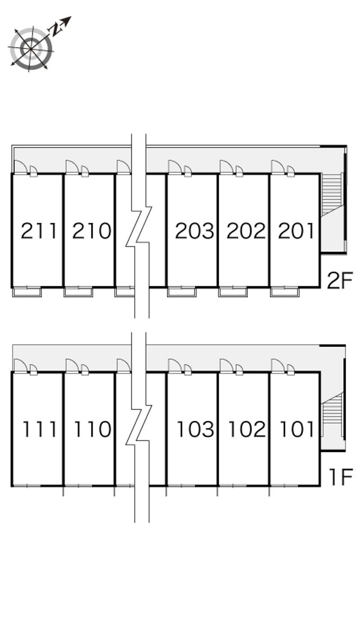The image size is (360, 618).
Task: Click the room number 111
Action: point(40,429)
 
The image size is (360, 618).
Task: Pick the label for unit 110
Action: point(93,429)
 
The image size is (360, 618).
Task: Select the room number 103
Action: point(196,429)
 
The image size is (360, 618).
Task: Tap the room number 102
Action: point(247,429)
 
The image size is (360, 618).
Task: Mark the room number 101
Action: point(297,429)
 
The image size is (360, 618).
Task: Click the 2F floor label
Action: point(340,280)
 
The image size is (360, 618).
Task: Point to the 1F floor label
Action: point(341,478)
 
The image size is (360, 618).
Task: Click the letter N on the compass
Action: point(56,29)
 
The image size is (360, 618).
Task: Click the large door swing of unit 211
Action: point(20,167)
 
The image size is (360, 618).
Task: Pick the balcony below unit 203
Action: point(181,292)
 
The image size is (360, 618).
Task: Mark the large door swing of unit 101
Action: point(278,365)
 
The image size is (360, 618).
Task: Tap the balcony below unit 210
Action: point(78,292)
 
